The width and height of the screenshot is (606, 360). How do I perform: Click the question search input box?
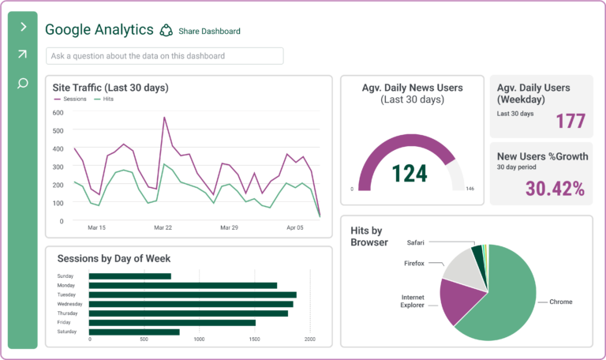tap(164, 56)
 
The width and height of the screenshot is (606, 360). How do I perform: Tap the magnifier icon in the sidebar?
tap(22, 83)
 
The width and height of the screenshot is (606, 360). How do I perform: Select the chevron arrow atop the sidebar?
tap(23, 27)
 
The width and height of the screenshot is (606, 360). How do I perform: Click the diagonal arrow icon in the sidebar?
tap(22, 54)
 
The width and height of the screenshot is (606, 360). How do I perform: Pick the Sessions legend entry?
tap(70, 99)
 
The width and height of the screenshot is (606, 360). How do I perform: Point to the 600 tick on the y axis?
tap(58, 112)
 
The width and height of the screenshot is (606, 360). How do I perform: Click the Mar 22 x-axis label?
tap(163, 227)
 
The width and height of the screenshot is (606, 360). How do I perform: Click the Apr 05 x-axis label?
tap(294, 227)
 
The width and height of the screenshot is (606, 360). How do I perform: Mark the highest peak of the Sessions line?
tap(164, 118)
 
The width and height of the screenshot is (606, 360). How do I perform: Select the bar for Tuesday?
tap(193, 294)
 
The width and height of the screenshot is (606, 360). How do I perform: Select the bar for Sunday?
tap(130, 276)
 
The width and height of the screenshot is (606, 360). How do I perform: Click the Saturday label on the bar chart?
tap(66, 332)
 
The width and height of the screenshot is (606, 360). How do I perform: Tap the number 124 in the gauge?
tap(410, 172)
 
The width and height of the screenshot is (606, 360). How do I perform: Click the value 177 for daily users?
tap(570, 121)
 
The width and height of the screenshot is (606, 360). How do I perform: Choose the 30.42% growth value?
tap(555, 188)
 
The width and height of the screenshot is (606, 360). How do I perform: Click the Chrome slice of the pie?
tap(505, 304)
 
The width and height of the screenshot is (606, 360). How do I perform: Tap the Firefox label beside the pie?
tap(414, 263)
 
